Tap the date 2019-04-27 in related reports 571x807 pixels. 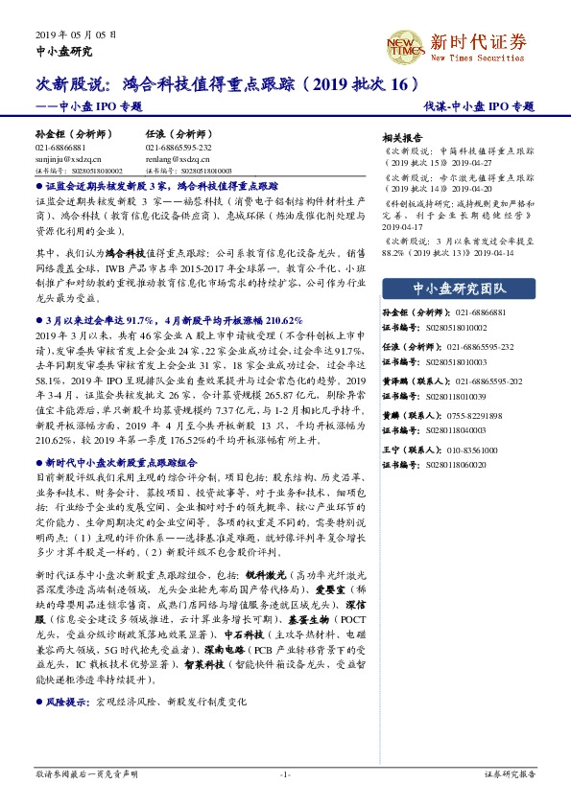475,163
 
